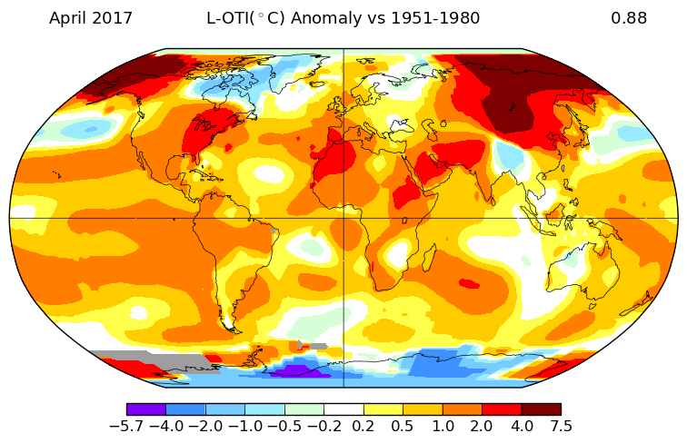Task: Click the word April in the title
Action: [70, 18]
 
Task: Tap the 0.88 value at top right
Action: [629, 18]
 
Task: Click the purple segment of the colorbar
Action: [146, 409]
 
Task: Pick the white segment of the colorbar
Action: [343, 409]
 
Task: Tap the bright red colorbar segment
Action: [501, 409]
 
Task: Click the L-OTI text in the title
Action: [228, 18]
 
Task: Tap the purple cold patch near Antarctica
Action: [300, 369]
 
